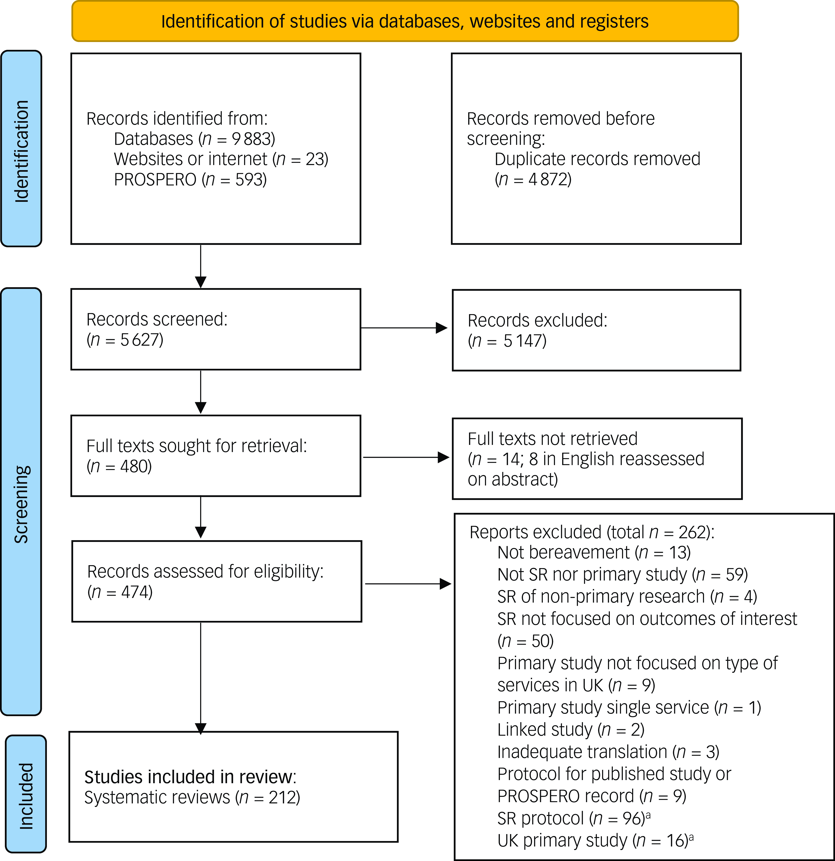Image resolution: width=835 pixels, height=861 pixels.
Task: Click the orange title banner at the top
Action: pyautogui.click(x=405, y=21)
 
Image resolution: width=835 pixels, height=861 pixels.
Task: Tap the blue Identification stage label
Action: pyautogui.click(x=21, y=148)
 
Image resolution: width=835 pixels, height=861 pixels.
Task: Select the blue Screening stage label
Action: pyautogui.click(x=21, y=502)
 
